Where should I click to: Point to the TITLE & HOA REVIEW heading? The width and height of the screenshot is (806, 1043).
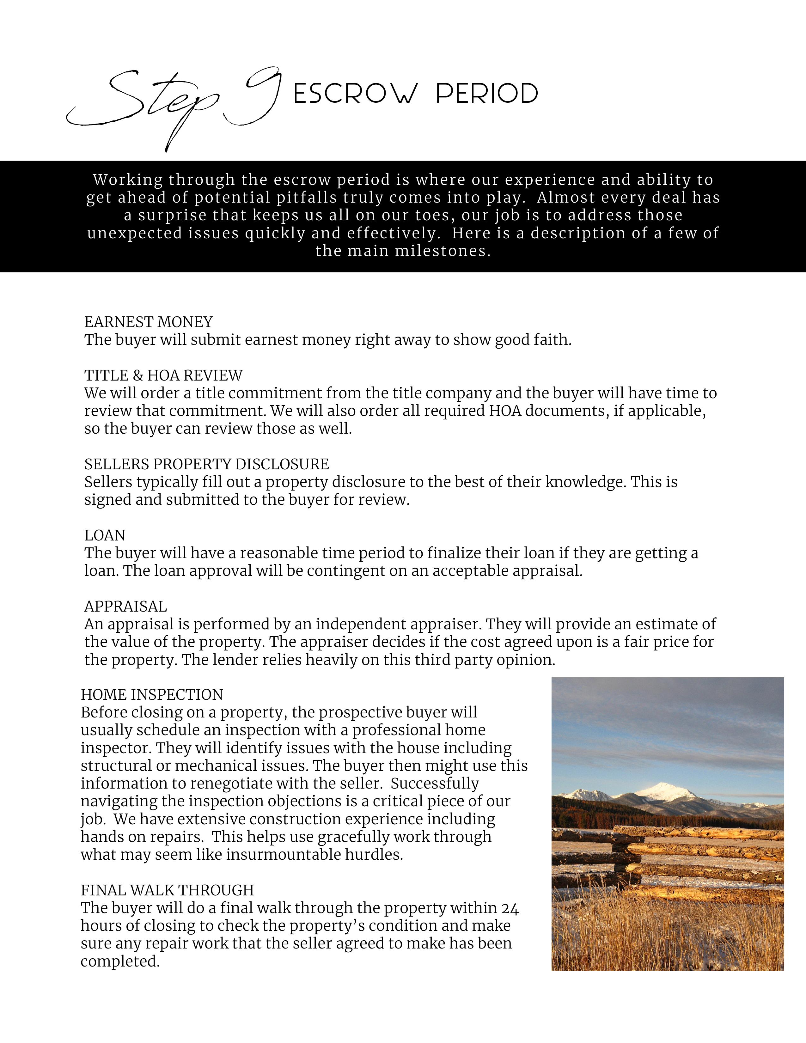coord(163,375)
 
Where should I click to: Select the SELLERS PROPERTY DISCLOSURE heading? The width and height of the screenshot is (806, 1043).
coord(207,464)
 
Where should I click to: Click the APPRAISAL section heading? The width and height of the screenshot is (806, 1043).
coord(125,607)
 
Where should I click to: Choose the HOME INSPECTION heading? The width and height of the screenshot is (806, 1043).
coord(152,694)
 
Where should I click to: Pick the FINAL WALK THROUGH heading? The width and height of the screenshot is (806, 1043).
coord(167,890)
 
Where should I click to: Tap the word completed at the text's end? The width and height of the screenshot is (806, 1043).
coord(119,961)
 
